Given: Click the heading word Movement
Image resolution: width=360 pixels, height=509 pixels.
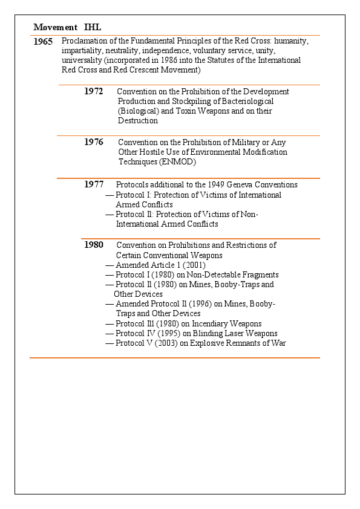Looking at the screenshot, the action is click(55, 27).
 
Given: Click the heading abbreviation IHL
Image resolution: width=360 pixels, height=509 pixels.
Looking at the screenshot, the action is click(93, 27).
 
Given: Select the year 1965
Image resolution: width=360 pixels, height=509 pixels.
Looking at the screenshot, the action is click(44, 42).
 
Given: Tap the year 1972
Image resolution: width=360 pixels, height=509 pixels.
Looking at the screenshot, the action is click(93, 92).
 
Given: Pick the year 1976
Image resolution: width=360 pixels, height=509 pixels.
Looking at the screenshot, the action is click(93, 143).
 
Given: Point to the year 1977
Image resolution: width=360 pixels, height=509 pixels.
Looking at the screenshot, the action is click(94, 185).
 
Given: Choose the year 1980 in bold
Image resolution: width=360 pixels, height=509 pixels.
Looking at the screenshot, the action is click(94, 245).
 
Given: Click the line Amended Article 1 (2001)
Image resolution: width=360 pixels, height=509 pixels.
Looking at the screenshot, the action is click(160, 265).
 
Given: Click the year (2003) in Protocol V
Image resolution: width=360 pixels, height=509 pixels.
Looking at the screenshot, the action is click(167, 343).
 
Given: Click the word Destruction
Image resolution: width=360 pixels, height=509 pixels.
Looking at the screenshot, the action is click(138, 121).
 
